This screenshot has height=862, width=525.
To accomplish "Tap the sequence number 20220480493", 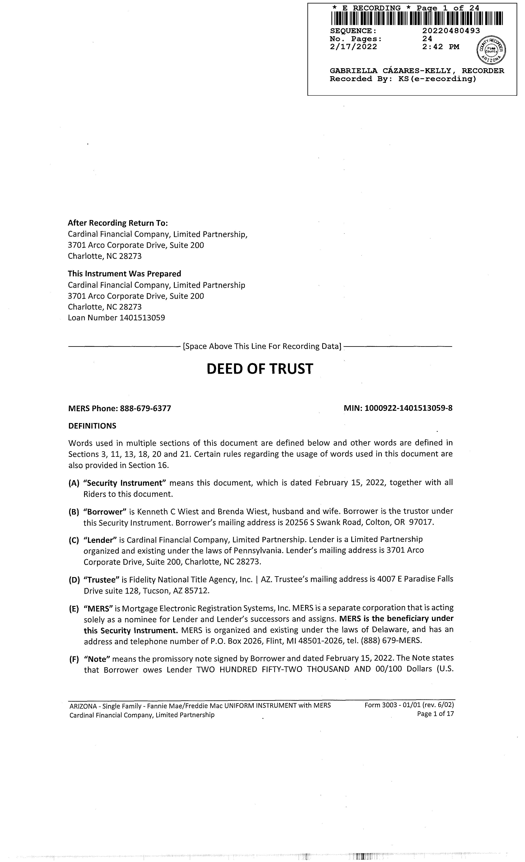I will [451, 31].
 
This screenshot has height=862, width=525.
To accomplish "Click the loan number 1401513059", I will [142, 318].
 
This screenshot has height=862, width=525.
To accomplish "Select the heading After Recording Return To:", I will [118, 223].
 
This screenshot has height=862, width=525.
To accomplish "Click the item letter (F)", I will [74, 659].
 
